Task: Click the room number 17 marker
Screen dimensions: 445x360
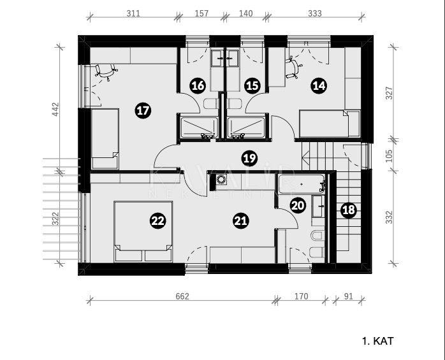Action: tap(143, 111)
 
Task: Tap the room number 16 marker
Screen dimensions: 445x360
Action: tap(198, 85)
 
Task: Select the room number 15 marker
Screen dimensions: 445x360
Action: tap(252, 85)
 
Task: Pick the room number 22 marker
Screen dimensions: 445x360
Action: tap(157, 221)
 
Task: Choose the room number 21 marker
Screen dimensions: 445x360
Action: tap(240, 221)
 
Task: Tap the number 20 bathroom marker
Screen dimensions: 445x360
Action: tap(298, 205)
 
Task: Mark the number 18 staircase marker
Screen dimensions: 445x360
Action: tap(347, 211)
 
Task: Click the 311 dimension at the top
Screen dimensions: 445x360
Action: tap(134, 13)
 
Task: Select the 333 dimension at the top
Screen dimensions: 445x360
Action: tap(314, 13)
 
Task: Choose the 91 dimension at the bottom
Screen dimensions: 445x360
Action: tap(347, 296)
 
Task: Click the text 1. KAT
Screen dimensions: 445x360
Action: tap(377, 342)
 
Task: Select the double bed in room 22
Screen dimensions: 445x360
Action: tap(143, 231)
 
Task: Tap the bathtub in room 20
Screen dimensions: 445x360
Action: tap(302, 185)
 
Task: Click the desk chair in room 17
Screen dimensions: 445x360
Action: tap(106, 71)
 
